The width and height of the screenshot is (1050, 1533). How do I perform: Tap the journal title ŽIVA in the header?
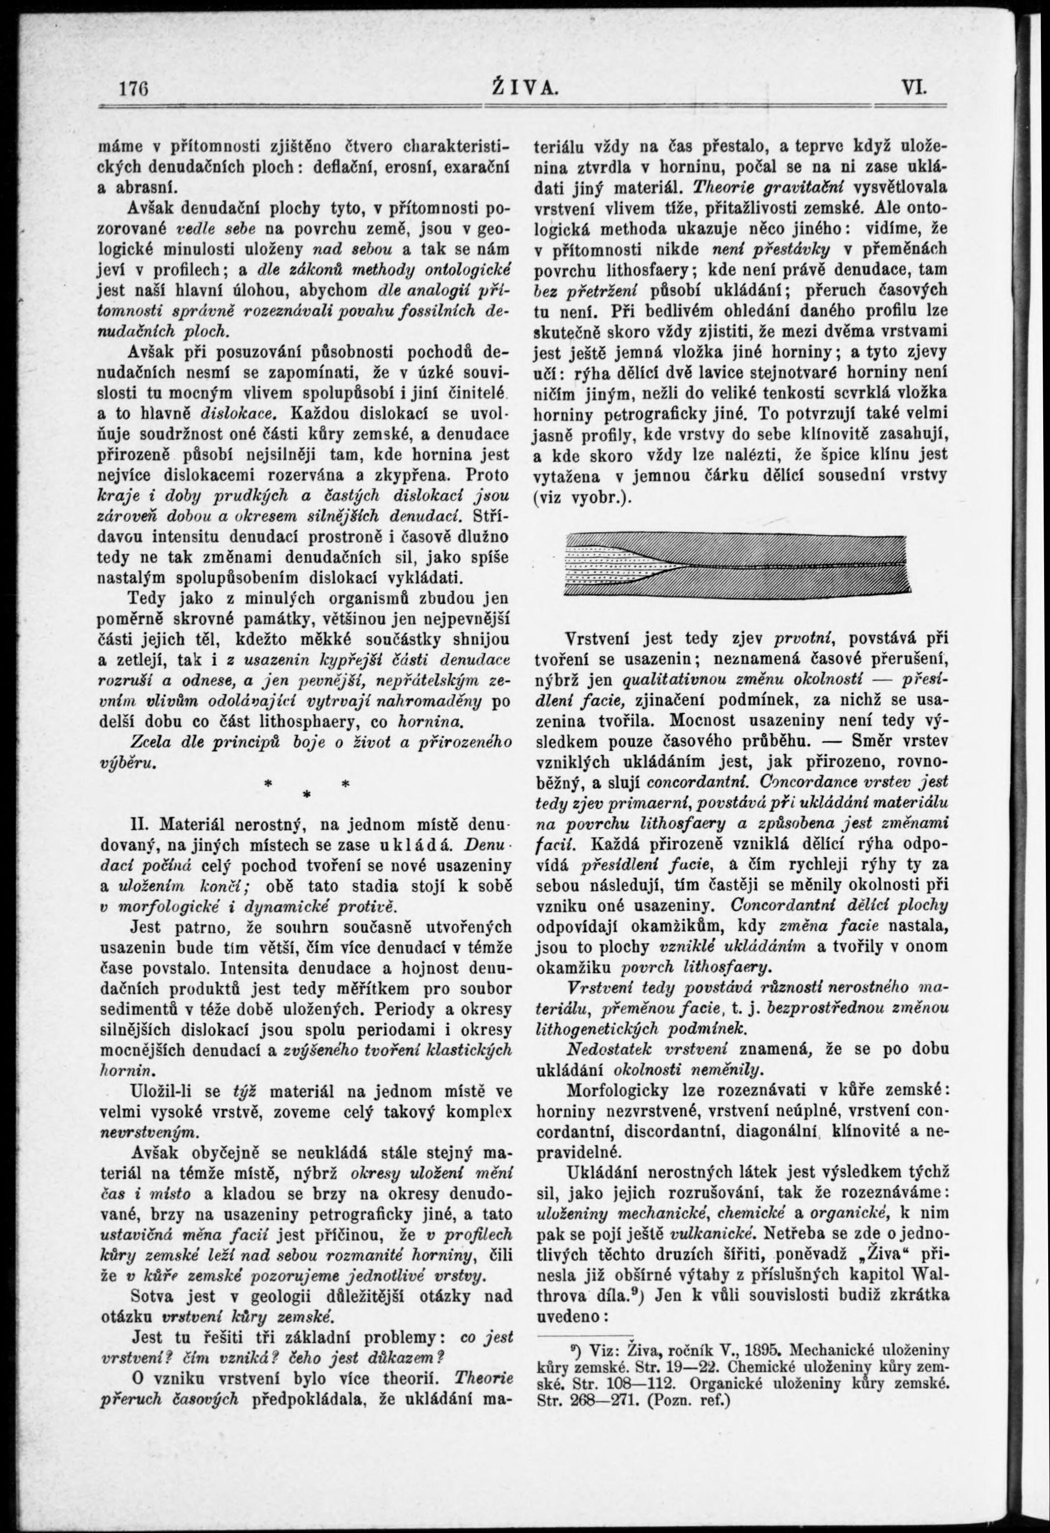point(525,88)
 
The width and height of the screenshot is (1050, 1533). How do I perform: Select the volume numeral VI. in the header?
point(913,88)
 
